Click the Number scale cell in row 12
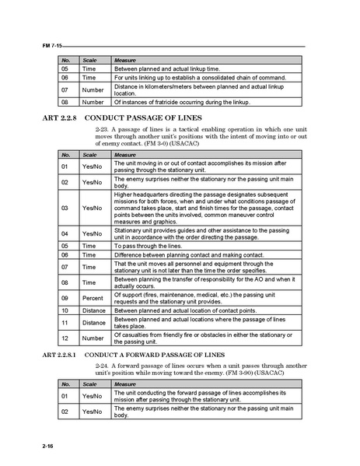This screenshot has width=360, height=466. [x=93, y=338]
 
